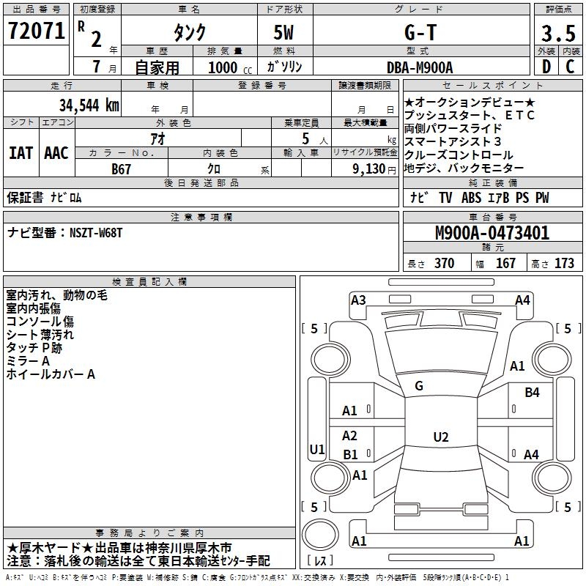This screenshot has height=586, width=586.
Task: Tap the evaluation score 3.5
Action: click(x=557, y=33)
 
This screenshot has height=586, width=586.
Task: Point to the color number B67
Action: click(x=121, y=168)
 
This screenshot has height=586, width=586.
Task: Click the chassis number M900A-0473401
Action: click(x=492, y=234)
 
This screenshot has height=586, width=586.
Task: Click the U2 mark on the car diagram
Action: click(x=440, y=437)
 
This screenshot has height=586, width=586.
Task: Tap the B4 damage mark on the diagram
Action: click(x=532, y=393)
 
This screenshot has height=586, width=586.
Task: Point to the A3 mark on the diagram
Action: click(x=358, y=300)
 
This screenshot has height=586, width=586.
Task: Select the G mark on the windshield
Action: click(x=419, y=386)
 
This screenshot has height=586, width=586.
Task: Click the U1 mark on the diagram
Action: click(x=317, y=449)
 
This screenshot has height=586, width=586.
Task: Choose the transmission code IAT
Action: click(x=21, y=153)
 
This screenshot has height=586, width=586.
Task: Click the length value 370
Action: click(x=444, y=264)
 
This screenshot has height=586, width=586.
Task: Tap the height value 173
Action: click(x=564, y=264)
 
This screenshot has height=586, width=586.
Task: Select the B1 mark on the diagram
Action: click(x=350, y=454)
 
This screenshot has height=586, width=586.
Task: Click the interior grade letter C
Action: click(x=570, y=67)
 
